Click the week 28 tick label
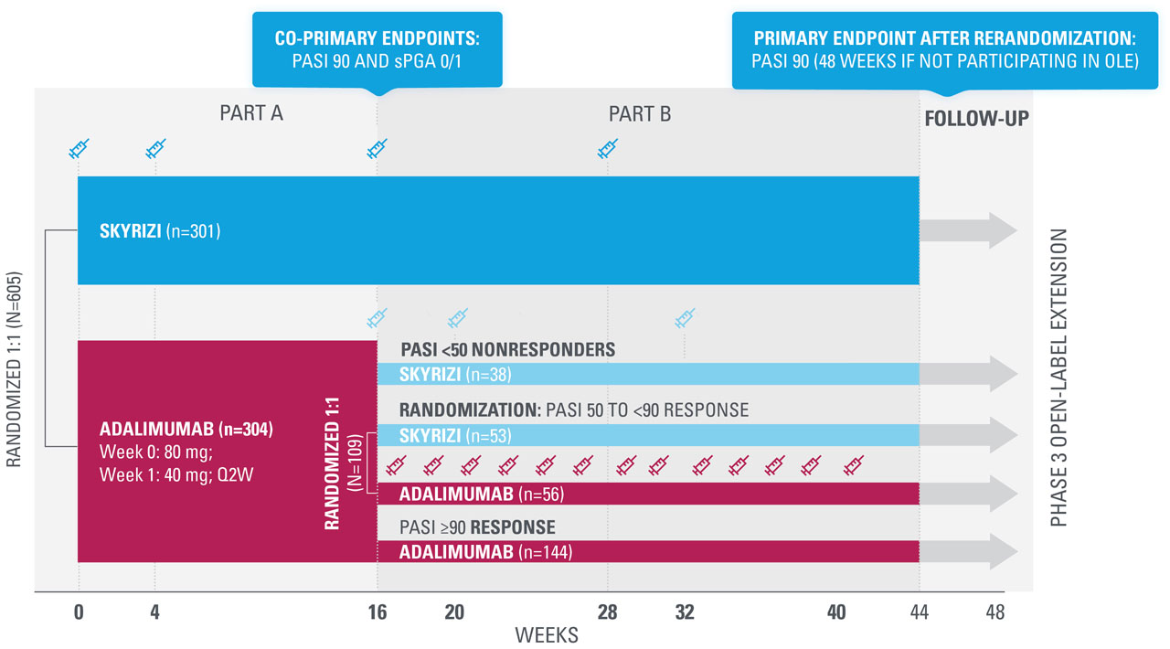(607, 612)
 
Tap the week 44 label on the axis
(919, 612)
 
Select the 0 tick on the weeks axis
(79, 612)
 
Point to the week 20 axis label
(454, 612)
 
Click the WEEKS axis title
(546, 634)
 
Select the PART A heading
(251, 114)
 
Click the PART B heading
(640, 114)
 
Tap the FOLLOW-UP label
(976, 118)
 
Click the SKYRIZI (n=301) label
(160, 231)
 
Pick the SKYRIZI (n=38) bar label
(454, 374)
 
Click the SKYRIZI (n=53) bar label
(454, 435)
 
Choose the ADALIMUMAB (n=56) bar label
(481, 495)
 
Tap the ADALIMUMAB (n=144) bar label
(485, 551)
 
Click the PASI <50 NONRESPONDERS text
(507, 350)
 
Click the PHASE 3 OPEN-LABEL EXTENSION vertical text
(1058, 378)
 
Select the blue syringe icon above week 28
(607, 147)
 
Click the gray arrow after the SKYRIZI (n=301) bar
(968, 230)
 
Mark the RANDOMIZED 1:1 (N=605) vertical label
(16, 368)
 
